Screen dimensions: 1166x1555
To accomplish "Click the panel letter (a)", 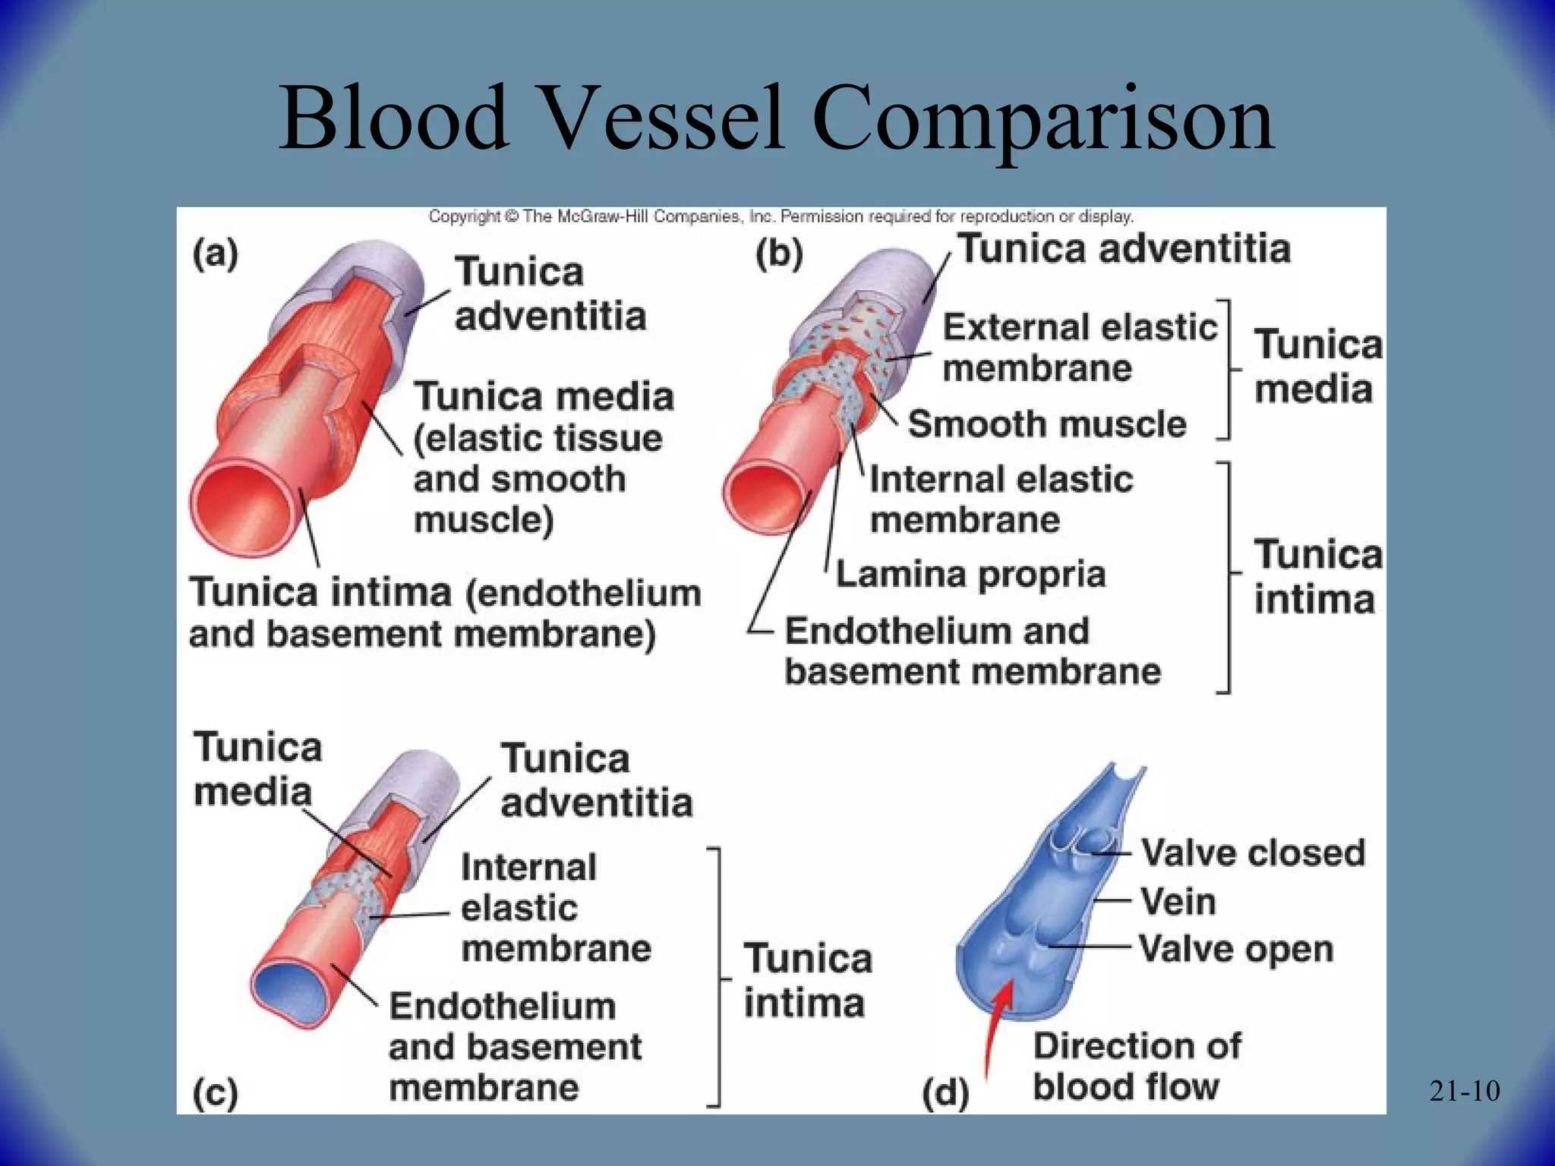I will pos(216,254).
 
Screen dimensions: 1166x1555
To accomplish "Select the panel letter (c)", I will pos(216,1093).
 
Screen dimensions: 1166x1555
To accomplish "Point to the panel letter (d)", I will pos(945,1093).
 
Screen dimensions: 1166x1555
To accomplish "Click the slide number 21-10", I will pos(1464,1092).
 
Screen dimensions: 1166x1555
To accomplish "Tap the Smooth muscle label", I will pos(1047,424).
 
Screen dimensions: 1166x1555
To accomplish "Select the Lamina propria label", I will pos(970,575).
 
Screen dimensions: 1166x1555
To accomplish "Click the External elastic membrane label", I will pos(1079,348).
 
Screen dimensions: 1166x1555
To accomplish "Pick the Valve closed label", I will pos(1253,852).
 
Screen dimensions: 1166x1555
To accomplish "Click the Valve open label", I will pos(1236,949).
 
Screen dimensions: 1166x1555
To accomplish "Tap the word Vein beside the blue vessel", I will pos(1178,902).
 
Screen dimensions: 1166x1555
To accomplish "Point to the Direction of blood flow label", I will pos(1137,1066).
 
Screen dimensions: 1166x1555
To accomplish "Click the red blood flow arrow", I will pos(996,1025).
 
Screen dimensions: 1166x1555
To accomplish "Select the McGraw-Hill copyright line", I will pos(781,216).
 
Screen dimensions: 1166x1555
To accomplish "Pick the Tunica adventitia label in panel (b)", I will pos(1124,249).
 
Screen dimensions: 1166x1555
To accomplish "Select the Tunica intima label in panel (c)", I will pos(807,980).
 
